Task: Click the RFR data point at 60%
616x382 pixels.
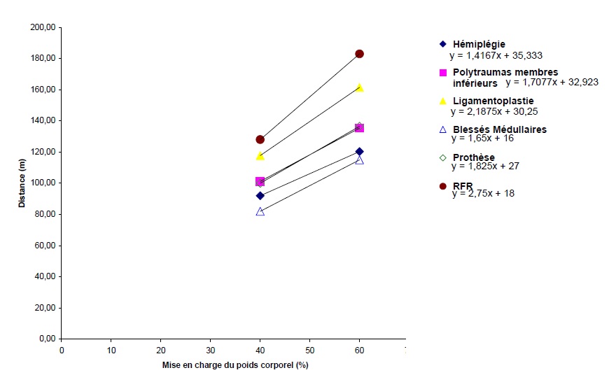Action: coord(359,54)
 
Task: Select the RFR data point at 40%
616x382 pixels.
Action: coord(260,140)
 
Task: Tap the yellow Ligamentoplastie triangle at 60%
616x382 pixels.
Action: coord(360,88)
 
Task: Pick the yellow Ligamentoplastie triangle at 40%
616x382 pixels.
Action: coord(260,156)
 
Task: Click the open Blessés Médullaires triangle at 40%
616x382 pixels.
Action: coord(260,211)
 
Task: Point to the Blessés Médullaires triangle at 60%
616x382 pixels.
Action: coord(360,160)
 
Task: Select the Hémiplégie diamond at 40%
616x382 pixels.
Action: coord(260,196)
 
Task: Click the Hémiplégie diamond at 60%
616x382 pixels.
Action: coord(360,151)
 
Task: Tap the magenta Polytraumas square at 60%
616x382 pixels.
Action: coord(360,128)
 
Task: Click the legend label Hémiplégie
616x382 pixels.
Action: coord(479,44)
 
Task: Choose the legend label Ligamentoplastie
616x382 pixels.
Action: coord(493,101)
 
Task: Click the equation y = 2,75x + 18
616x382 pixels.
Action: coord(483,194)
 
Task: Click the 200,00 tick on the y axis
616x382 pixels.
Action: coord(45,28)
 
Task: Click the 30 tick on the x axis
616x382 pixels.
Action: coord(211,350)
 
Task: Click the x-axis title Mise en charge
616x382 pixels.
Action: coord(235,365)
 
